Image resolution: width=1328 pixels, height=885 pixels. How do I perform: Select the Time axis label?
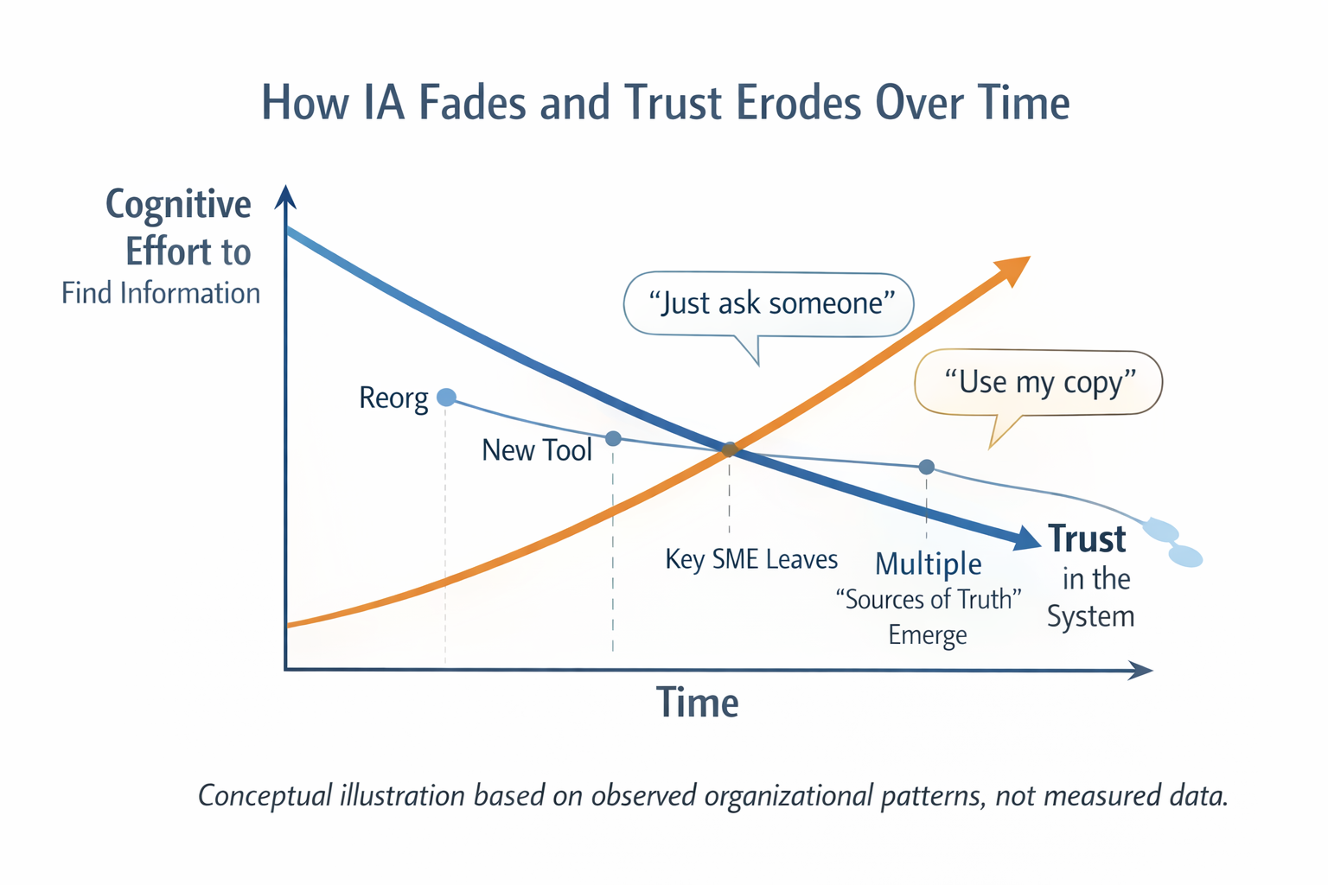[698, 703]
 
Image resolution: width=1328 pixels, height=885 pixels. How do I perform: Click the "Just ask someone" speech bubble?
[769, 304]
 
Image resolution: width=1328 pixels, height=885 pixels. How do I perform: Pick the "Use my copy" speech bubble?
[1038, 382]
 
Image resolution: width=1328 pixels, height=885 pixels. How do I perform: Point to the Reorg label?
[393, 398]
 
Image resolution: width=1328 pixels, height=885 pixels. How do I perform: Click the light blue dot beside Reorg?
[446, 397]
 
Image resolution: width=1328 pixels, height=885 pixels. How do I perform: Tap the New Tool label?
[537, 450]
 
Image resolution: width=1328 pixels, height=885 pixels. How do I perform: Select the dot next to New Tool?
[613, 439]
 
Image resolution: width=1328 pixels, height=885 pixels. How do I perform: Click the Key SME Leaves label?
[751, 559]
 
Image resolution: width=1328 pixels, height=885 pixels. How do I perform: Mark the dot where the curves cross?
[730, 449]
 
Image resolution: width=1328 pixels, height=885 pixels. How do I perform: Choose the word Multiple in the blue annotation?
[929, 563]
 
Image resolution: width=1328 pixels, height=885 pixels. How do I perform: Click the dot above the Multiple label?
[926, 467]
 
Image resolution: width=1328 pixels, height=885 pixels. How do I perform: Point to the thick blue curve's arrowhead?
[1027, 538]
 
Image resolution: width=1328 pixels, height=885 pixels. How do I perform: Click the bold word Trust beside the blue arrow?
[1087, 538]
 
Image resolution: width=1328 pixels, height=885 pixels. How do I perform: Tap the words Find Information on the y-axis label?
[161, 294]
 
